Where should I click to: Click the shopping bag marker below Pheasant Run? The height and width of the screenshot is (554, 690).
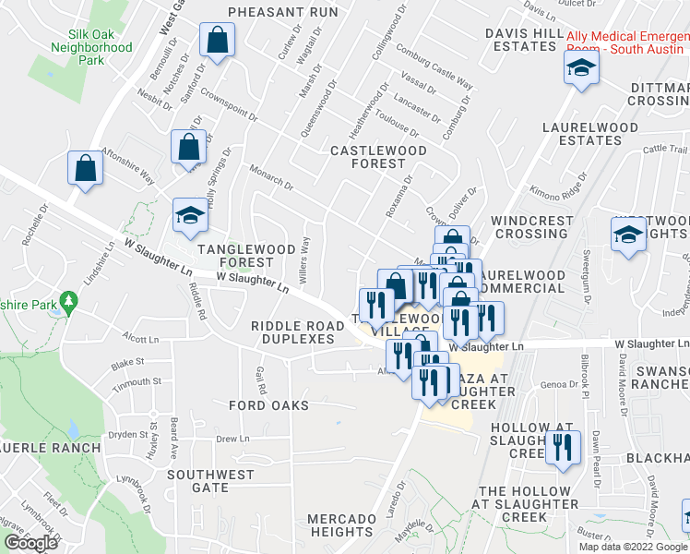pyautogui.click(x=217, y=42)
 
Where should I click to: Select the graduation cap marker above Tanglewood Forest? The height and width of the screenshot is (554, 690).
pyautogui.click(x=190, y=217)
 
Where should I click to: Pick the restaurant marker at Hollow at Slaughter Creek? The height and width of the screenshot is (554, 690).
pyautogui.click(x=562, y=450)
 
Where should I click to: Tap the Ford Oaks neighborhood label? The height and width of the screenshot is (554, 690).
pyautogui.click(x=269, y=405)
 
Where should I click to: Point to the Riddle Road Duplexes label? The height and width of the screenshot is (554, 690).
pyautogui.click(x=292, y=332)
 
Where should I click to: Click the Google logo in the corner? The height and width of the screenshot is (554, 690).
pyautogui.click(x=30, y=543)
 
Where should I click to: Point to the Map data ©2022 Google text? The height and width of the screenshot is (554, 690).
pyautogui.click(x=633, y=547)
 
